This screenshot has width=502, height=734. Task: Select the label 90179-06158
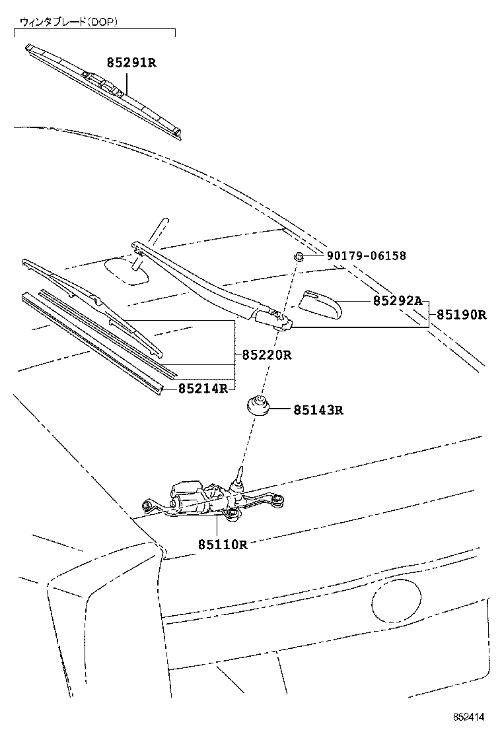(366, 256)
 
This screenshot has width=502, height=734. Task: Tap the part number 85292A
(396, 301)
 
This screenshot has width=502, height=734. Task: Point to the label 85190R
(461, 315)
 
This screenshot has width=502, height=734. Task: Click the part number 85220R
(266, 355)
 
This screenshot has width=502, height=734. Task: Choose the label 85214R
(203, 388)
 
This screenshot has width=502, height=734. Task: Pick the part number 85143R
(318, 410)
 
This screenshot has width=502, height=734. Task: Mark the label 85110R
(222, 545)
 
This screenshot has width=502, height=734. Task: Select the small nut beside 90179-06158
(299, 256)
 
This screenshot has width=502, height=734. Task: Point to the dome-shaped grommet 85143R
(259, 405)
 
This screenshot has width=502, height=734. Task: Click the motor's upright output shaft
(239, 477)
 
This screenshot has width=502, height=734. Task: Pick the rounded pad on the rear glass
(127, 271)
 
